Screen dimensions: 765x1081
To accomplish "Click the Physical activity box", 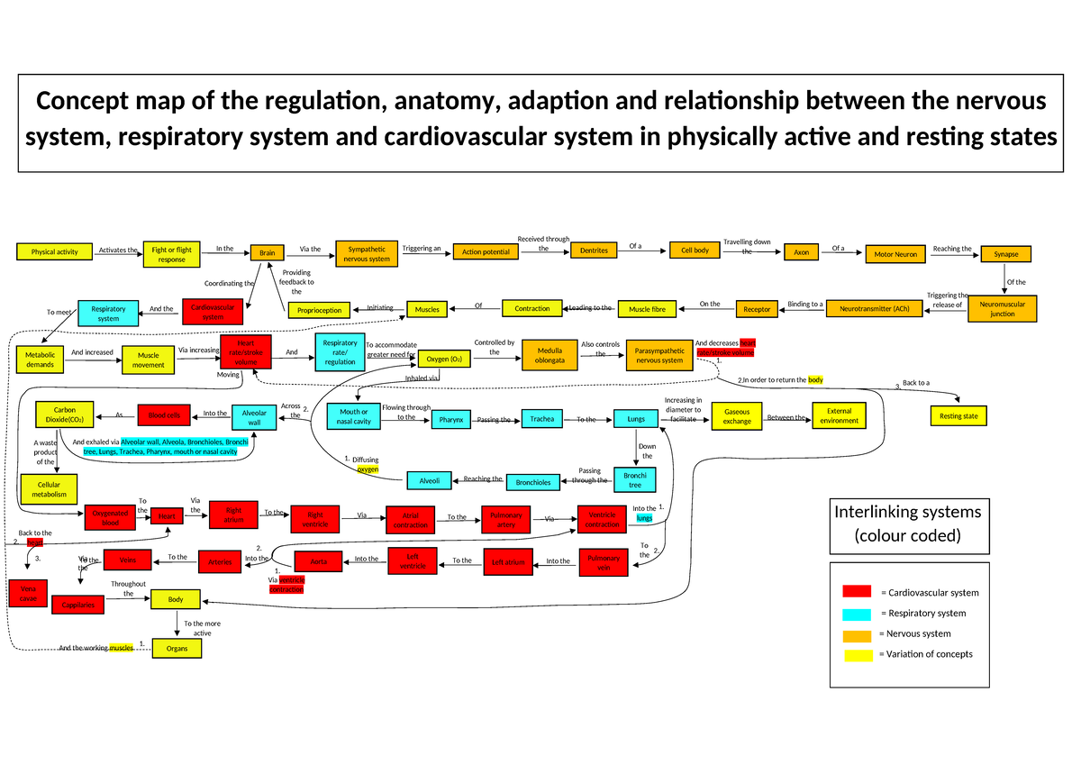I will (54, 251).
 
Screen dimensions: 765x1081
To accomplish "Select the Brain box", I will (267, 253).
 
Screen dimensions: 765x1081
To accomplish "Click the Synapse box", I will (1005, 254).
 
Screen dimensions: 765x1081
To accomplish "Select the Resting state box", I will (958, 416).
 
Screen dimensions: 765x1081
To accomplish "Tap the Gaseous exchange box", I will (736, 415).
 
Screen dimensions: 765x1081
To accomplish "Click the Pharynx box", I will (450, 420).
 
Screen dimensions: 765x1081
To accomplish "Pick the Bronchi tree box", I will (634, 479).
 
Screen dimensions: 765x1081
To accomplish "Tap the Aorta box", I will (319, 561).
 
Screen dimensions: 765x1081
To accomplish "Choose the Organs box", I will (177, 647).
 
